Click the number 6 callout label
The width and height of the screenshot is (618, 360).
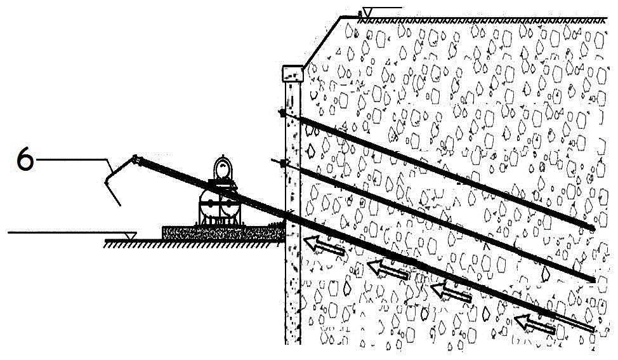[25, 161]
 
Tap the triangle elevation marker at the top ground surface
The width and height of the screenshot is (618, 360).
[369, 13]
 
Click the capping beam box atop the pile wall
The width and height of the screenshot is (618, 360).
[293, 74]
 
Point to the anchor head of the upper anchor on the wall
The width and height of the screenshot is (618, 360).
[282, 113]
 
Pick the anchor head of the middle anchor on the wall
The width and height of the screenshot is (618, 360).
[284, 163]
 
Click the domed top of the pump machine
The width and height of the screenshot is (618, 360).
[223, 170]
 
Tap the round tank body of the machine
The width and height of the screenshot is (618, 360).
[219, 204]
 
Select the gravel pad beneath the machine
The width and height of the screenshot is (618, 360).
[223, 232]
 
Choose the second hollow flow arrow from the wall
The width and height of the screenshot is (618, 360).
[388, 269]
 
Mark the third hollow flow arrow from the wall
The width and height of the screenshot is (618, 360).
[451, 292]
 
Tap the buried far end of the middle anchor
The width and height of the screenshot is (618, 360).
[592, 279]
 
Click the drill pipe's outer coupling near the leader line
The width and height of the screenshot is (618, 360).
[137, 159]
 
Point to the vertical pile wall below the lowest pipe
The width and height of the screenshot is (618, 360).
[293, 292]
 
